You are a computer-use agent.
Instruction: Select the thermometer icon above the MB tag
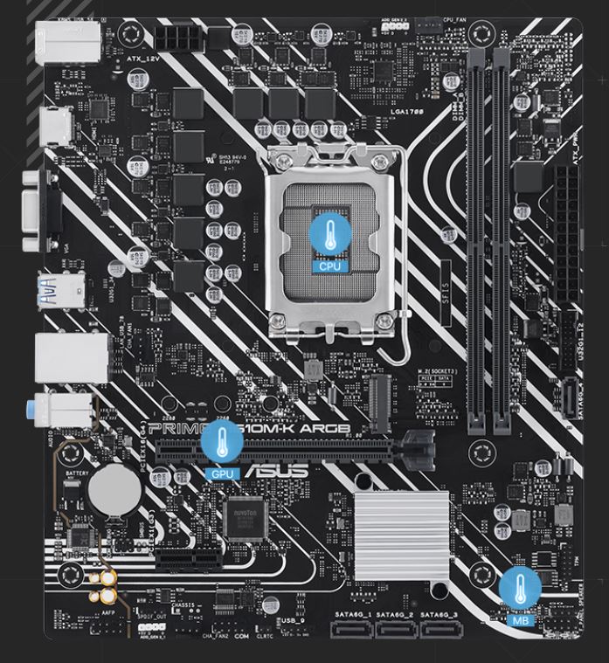[522, 588]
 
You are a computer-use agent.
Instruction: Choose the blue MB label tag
[522, 620]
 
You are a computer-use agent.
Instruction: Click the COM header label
[242, 638]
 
